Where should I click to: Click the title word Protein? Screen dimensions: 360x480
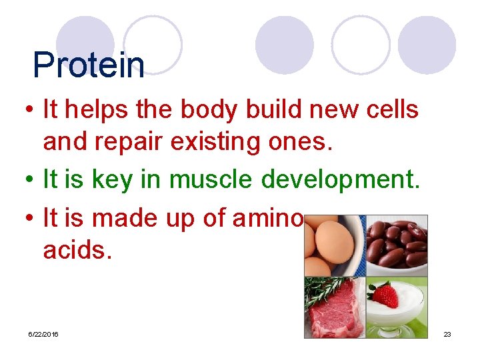point(89,65)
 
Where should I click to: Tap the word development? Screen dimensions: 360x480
point(341,180)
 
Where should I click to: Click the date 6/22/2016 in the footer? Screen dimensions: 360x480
point(43,333)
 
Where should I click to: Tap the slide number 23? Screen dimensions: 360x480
point(447,333)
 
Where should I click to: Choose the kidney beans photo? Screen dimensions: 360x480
point(397,244)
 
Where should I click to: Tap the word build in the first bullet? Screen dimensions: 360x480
point(272,109)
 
